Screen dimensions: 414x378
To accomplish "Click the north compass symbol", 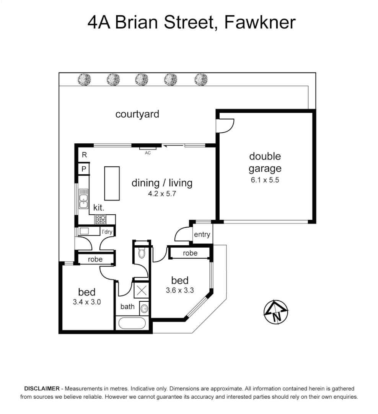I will tap(276, 311).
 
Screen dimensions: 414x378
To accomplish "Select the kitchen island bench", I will tap(112, 183).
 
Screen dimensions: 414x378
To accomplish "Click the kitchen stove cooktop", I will tap(101, 219).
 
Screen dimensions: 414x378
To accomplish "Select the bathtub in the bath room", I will tap(132, 323).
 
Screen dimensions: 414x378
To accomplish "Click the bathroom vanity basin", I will tap(144, 307).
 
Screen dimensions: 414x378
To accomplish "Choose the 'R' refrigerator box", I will tap(84, 155).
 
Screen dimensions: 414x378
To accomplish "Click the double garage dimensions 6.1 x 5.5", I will tap(265, 179).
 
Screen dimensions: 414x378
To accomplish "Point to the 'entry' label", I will tap(202, 235).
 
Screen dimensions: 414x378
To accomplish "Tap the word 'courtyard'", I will tap(137, 114).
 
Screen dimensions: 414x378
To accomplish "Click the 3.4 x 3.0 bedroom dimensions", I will tap(87, 302).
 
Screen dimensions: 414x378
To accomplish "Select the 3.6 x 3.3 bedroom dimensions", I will tap(180, 290).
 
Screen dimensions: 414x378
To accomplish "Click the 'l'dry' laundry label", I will tap(107, 232).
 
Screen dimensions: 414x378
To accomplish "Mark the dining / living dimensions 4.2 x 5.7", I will tap(162, 194).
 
